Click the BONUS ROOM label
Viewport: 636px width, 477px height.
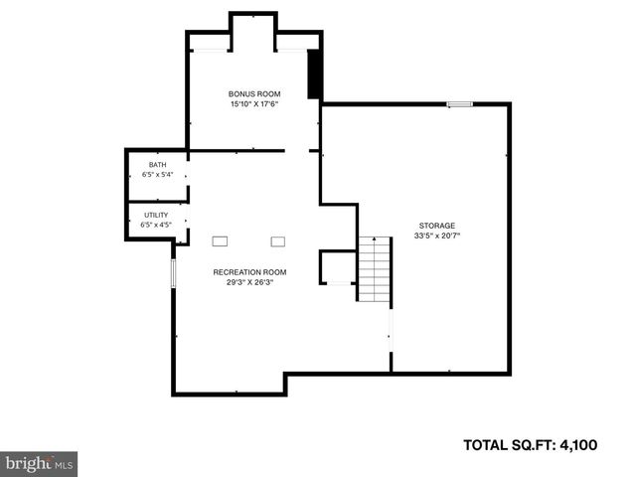tap(249, 93)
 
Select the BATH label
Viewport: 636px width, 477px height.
tap(157, 165)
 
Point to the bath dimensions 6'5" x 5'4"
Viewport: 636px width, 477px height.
tap(157, 175)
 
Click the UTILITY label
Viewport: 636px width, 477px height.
tap(156, 215)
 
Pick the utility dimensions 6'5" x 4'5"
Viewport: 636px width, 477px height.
tap(157, 225)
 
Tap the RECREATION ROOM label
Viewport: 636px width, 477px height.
tap(249, 272)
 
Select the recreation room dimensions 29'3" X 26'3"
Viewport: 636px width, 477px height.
tap(249, 282)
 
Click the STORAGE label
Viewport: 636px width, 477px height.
tap(436, 226)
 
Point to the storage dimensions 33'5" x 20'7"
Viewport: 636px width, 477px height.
tap(437, 237)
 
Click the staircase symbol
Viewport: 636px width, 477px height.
tap(373, 269)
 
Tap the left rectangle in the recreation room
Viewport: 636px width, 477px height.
tap(220, 240)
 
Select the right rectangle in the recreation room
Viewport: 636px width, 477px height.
tap(277, 240)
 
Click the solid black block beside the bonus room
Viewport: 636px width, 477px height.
tap(315, 74)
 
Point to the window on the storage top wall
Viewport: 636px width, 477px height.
tap(459, 103)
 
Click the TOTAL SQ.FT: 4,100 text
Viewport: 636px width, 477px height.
tap(531, 445)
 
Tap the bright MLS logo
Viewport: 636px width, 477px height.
tap(39, 463)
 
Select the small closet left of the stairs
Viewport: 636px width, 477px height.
tap(337, 267)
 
